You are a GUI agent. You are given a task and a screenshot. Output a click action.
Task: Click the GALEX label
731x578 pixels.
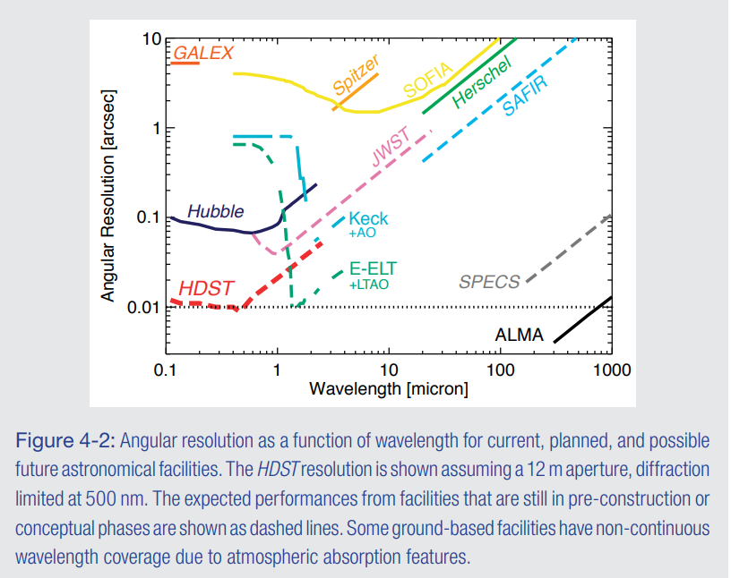(202, 53)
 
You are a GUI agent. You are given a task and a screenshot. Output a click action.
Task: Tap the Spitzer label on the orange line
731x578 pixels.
(357, 75)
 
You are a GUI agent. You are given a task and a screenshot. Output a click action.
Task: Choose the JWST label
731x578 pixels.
(391, 149)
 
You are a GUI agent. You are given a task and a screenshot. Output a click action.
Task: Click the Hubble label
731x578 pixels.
(215, 212)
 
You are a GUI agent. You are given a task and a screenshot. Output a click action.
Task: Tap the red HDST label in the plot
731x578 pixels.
(207, 289)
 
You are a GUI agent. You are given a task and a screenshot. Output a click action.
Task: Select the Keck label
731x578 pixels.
(368, 219)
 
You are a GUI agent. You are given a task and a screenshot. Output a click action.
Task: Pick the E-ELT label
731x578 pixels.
(373, 268)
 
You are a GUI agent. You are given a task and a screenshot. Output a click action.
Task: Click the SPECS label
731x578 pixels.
(489, 283)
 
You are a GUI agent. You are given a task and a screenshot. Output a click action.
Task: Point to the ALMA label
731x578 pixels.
(520, 336)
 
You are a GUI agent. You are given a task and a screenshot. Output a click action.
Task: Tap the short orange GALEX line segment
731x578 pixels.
(185, 64)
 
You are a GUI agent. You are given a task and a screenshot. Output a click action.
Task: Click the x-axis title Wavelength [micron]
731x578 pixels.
(388, 389)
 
